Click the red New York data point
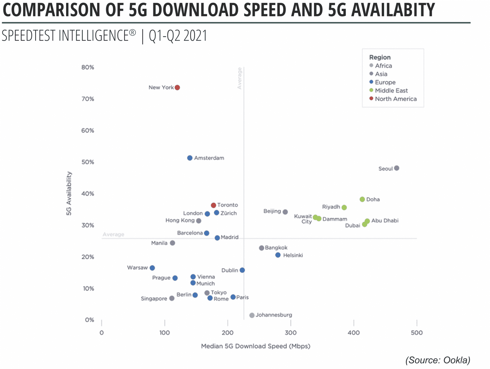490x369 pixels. point(177,88)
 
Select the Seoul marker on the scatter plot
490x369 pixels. point(397,168)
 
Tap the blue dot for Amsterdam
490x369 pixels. point(190,158)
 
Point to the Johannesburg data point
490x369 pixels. point(252,315)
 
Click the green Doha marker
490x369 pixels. point(362,199)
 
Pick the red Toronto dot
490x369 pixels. point(214,205)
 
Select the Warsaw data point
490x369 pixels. point(152,268)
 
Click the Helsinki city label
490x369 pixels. point(293,255)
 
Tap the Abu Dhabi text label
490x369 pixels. point(385,221)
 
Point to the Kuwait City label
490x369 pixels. point(303,219)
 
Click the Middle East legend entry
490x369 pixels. point(391,90)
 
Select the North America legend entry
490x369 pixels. point(396,99)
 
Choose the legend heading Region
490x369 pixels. point(380,57)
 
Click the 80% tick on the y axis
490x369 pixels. point(88,67)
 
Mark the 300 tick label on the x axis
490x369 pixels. point(290,333)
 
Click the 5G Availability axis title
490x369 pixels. point(69,193)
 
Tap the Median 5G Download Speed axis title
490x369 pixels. point(255,346)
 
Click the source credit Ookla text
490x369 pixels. point(438,360)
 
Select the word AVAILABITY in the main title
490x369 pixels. point(393,10)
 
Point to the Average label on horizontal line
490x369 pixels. point(113,234)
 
